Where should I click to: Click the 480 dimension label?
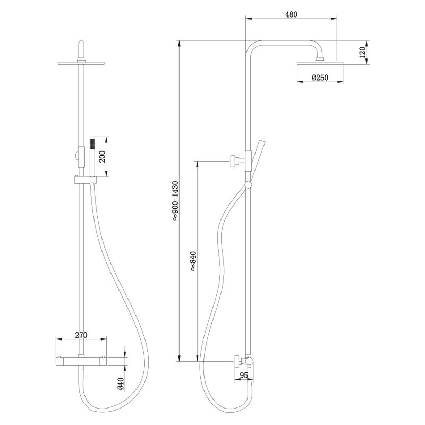point(291,15)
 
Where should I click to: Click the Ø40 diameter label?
point(121,384)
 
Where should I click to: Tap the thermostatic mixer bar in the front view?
point(81,360)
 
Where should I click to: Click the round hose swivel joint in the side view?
point(248,185)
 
